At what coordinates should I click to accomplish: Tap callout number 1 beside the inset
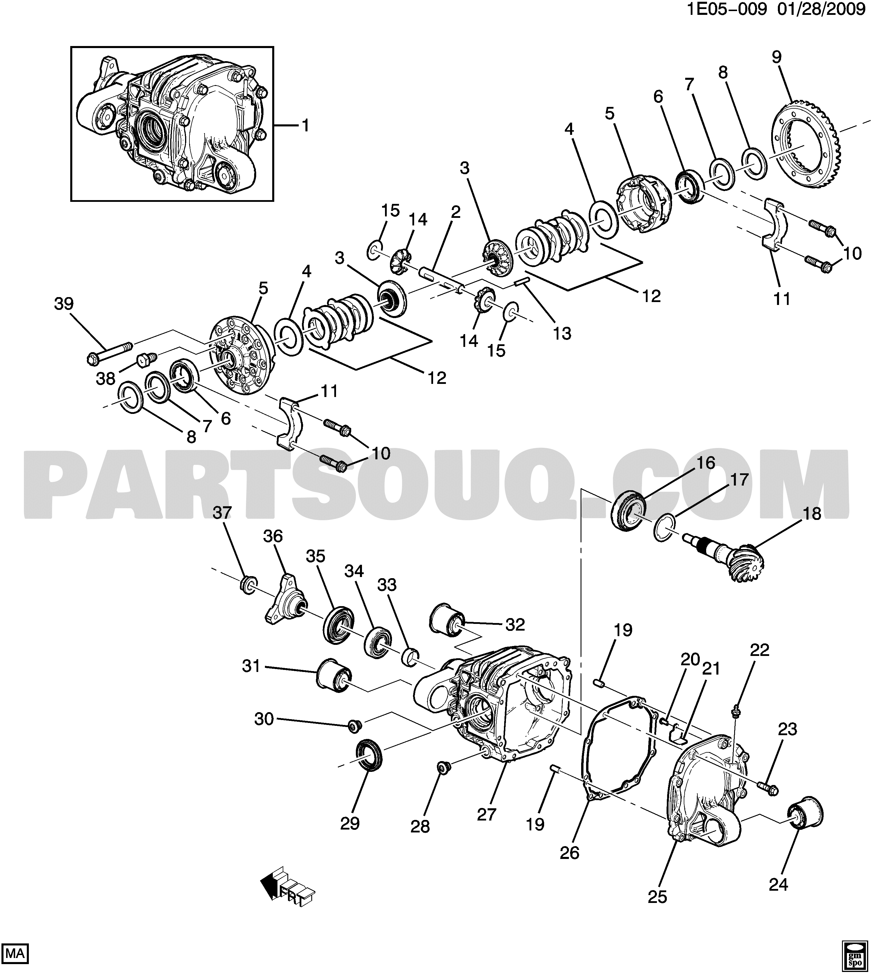305,126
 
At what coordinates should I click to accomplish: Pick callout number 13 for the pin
562,333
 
